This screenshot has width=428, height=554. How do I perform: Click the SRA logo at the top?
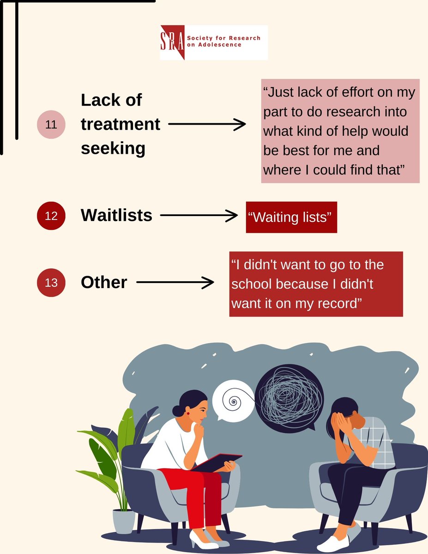213,42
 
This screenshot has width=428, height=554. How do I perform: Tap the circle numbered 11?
51,125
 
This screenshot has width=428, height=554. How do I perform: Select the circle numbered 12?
51,216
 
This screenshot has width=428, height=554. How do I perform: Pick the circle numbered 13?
51,282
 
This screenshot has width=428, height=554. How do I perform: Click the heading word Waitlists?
116,215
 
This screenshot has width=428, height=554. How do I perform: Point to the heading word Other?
104,283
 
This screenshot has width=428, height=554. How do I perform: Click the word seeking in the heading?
113,149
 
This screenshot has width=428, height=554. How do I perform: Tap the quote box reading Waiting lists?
291,217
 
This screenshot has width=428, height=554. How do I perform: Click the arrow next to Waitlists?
199,215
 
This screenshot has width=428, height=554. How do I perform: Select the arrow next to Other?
175,282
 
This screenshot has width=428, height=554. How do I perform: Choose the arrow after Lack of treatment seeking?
207,124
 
